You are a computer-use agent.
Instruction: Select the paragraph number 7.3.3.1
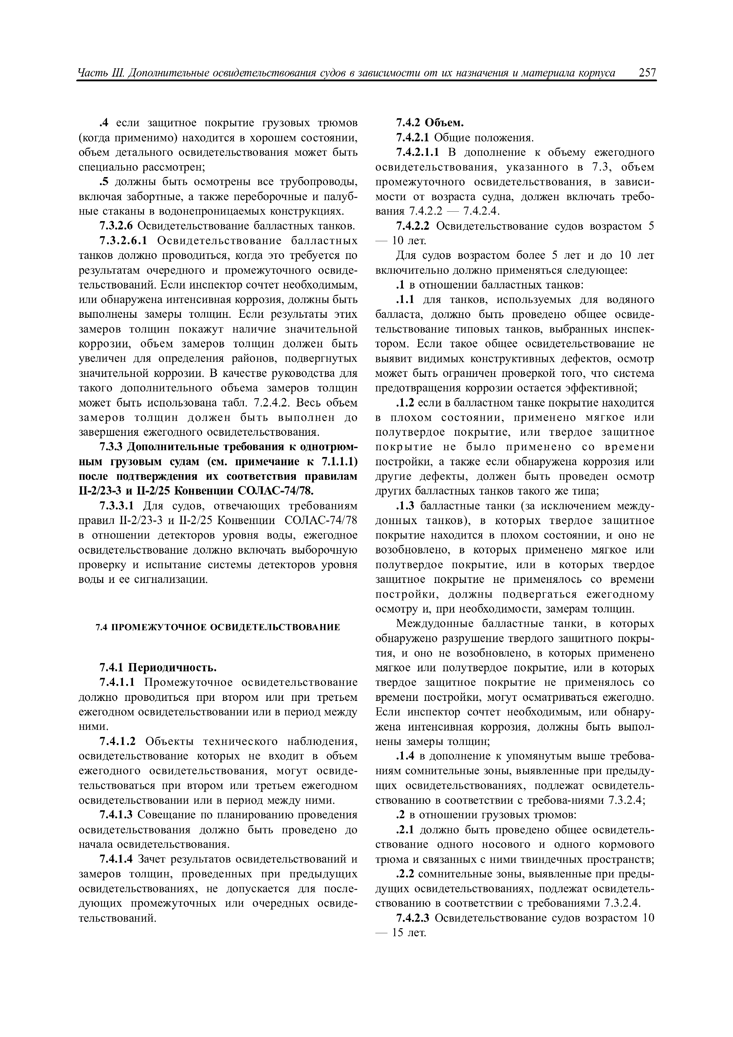pos(117,506)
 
